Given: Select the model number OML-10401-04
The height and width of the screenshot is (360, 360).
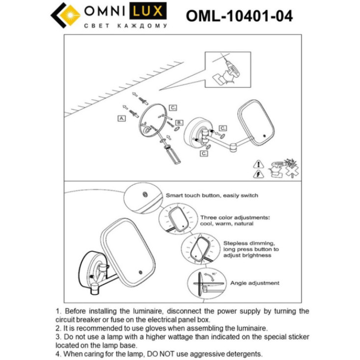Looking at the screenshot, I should point(239,16).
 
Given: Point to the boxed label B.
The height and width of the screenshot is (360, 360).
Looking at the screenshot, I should point(179,122).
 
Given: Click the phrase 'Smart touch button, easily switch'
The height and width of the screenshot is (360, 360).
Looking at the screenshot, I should point(212,195).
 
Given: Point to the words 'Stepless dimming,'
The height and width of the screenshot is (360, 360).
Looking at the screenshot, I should point(249,243).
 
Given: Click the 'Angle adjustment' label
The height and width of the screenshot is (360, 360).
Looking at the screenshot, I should point(255,283).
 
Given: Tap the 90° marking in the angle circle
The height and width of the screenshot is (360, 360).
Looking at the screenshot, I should point(215,274).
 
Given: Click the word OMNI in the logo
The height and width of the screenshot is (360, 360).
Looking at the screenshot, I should point(106,11).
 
